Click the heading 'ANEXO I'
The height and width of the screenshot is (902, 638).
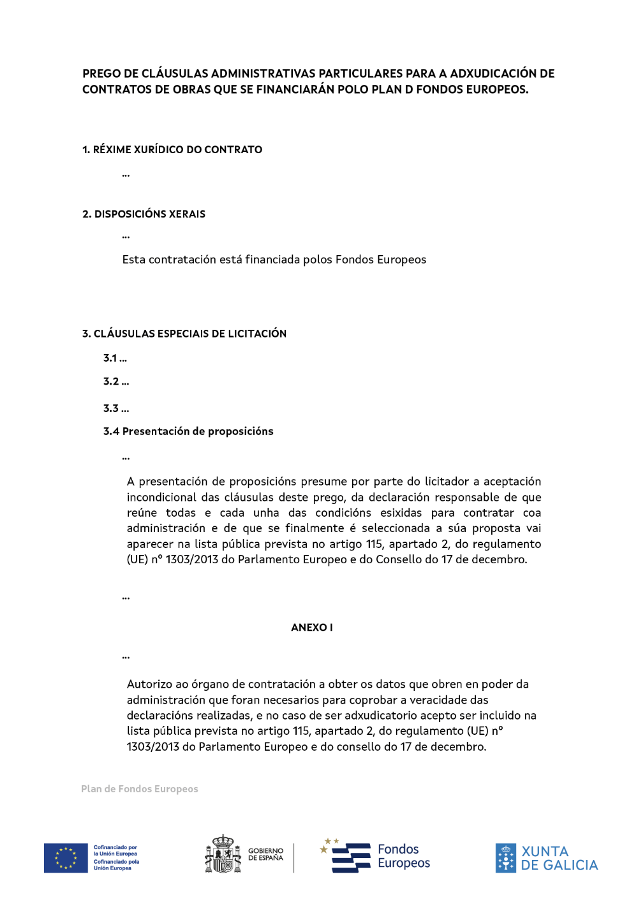pos(311,628)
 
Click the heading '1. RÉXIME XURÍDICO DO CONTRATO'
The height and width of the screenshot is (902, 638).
pos(172,150)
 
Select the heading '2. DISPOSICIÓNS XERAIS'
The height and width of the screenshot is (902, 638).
pos(144,214)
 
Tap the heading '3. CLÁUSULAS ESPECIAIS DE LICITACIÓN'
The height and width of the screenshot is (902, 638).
pos(184,334)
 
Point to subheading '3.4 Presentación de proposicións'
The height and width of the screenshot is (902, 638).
pos(188,432)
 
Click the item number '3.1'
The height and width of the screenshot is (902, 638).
pos(110,359)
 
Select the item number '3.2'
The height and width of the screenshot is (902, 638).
pos(111,381)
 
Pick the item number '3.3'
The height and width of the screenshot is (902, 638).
pos(111,409)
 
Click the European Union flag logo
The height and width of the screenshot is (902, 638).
pos(66,858)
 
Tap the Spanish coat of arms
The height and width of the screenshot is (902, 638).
pos(223,854)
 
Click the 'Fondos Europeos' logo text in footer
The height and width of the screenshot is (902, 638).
pos(403,856)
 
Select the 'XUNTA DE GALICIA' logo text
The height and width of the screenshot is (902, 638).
pos(559,859)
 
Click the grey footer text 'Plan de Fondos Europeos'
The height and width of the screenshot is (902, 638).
pos(140,789)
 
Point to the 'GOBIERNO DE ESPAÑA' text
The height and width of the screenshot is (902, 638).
pos(265,855)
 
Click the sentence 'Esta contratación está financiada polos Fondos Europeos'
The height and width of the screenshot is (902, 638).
pos(274,260)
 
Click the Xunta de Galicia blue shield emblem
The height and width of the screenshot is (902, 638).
pos(505,858)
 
